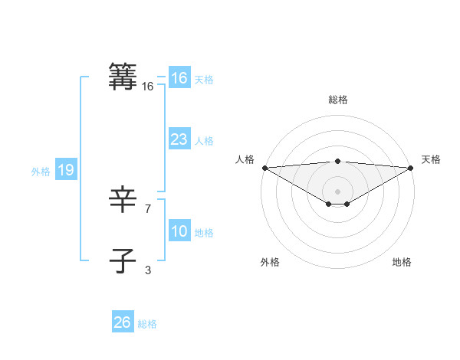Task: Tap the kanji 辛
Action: coord(123,201)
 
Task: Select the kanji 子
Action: coord(123,260)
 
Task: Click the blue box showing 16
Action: coord(179,79)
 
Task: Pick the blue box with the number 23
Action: coord(179,140)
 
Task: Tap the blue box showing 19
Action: coord(65,171)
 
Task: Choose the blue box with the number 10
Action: coord(179,232)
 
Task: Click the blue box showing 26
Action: coord(122,322)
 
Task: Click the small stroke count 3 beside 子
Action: coord(147,270)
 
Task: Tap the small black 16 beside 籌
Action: coord(147,87)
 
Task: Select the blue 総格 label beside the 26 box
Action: coord(147,324)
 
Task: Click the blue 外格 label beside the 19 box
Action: coord(41,172)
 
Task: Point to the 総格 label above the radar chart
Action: coord(337,100)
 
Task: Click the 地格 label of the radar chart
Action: coord(402,263)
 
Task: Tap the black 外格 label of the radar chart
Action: coord(270,263)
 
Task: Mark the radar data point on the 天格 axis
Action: coord(411,168)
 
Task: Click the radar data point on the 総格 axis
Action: coord(337,162)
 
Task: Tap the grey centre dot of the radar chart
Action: coord(337,191)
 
